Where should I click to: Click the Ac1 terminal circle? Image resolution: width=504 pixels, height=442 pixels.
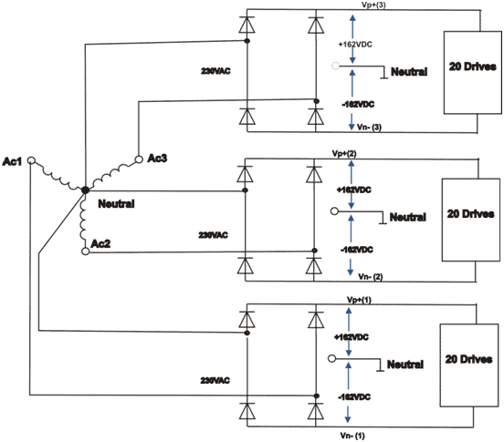pyautogui.click(x=31, y=160)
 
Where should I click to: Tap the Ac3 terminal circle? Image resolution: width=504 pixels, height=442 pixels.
pyautogui.click(x=139, y=159)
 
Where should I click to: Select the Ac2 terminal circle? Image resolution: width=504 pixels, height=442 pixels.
pyautogui.click(x=86, y=252)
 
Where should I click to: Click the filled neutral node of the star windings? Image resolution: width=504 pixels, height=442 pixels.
pyautogui.click(x=85, y=190)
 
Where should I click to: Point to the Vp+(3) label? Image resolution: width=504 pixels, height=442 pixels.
pyautogui.click(x=373, y=5)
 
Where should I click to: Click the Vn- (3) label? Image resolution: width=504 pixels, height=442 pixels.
pyautogui.click(x=369, y=128)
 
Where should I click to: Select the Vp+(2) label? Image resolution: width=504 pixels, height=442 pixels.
pyautogui.click(x=344, y=154)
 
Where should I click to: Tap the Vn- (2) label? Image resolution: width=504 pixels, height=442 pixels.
pyautogui.click(x=371, y=276)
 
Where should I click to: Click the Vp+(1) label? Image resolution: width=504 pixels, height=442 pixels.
pyautogui.click(x=359, y=300)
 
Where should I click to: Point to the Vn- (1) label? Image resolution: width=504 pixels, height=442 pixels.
pyautogui.click(x=352, y=436)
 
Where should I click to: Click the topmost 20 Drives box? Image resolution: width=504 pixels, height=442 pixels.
pyautogui.click(x=473, y=73)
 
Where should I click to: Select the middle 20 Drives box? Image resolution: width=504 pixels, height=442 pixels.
pyautogui.click(x=471, y=220)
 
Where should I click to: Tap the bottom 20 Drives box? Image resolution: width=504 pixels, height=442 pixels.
pyautogui.click(x=468, y=365)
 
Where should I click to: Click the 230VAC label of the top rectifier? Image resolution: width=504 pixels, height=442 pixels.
pyautogui.click(x=215, y=71)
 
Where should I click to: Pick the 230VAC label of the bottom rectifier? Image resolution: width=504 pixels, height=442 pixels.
pyautogui.click(x=215, y=380)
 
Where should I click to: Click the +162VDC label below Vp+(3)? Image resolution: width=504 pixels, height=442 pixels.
pyautogui.click(x=355, y=45)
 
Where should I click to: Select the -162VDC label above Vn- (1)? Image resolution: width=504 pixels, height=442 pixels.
pyautogui.click(x=354, y=397)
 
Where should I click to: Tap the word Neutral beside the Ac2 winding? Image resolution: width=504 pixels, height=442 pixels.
pyautogui.click(x=116, y=203)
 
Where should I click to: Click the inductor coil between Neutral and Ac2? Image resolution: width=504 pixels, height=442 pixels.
pyautogui.click(x=83, y=220)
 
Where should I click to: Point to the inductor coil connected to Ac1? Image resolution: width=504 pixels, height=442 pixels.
pyautogui.click(x=58, y=176)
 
